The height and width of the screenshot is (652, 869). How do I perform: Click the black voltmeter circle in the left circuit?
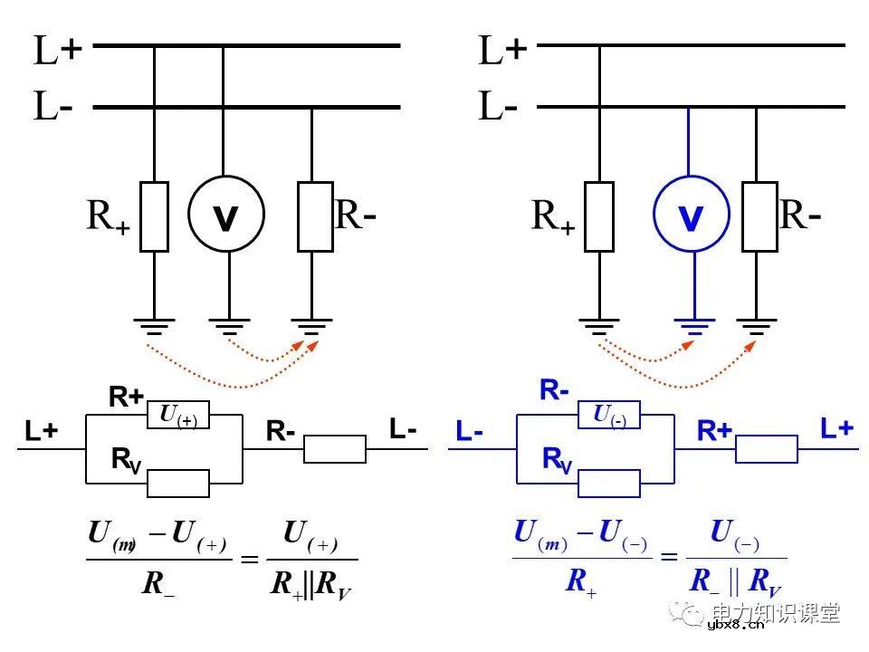click(225, 215)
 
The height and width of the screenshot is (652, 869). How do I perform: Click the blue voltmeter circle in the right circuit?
click(691, 216)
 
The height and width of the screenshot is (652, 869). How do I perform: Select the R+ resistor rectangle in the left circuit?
click(154, 216)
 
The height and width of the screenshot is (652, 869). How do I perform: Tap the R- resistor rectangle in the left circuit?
click(314, 216)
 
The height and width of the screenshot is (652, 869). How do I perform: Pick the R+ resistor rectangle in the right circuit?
click(599, 216)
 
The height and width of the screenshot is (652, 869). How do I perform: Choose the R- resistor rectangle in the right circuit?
click(759, 216)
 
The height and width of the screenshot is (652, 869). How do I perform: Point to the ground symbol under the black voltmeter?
click(228, 326)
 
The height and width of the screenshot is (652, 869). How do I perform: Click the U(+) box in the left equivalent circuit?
click(178, 415)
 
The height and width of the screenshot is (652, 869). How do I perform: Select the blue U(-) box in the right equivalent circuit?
click(609, 415)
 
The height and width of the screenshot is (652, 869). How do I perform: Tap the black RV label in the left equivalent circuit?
click(126, 460)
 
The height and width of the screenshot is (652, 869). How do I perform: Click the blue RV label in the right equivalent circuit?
click(557, 460)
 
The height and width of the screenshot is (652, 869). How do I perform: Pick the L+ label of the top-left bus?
click(57, 52)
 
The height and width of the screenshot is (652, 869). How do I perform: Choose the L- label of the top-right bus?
click(499, 108)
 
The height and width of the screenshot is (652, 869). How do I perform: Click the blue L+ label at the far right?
click(836, 428)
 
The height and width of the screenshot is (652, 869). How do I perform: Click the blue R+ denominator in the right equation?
click(580, 581)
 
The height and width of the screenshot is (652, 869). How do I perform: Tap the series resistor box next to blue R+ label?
click(766, 448)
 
